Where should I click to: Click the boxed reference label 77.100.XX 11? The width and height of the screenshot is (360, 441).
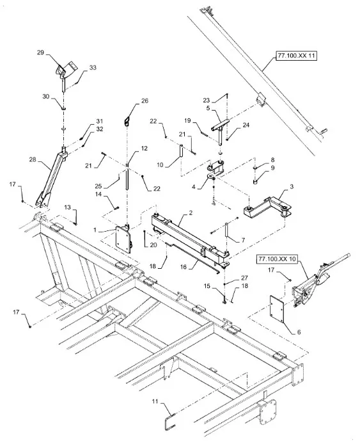tap(296, 56)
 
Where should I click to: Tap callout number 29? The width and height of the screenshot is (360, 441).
tap(41, 52)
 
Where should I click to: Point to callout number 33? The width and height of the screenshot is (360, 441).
tap(93, 67)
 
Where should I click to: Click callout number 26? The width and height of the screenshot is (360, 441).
tap(145, 100)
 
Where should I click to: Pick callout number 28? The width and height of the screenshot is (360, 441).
tap(33, 159)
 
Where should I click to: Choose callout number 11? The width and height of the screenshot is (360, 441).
tap(155, 401)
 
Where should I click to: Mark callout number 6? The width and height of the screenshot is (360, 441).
tap(299, 332)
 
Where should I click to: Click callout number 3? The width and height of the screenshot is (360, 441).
tap(292, 187)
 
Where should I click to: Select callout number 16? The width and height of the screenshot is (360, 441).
tap(184, 267)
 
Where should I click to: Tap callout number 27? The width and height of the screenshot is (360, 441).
tap(244, 278)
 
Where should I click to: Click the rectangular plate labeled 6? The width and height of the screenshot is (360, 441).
tap(277, 309)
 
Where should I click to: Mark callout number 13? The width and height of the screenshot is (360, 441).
tap(67, 207)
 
